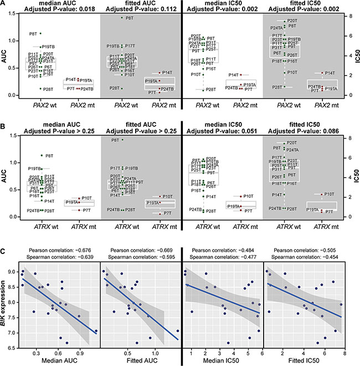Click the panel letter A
(4, 4)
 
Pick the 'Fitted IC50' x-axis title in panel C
(304, 361)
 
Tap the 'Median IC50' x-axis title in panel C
(224, 361)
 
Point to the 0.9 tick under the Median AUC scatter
(80, 352)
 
